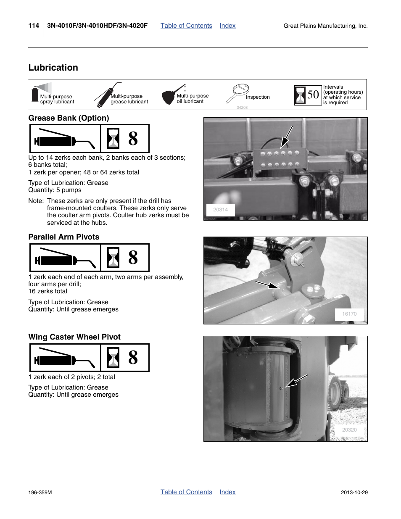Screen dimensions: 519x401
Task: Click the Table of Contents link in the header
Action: [x=186, y=26]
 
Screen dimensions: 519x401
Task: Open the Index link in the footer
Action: [x=227, y=492]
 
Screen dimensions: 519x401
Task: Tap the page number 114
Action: [x=34, y=26]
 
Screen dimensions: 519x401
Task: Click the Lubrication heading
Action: [x=53, y=68]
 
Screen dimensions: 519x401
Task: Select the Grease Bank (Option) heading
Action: [x=69, y=118]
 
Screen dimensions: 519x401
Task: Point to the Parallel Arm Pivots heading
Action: [x=64, y=237]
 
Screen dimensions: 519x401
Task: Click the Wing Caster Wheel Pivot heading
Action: [x=74, y=337]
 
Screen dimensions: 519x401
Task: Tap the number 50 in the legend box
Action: [x=313, y=95]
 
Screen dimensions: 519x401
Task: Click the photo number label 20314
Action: [x=220, y=210]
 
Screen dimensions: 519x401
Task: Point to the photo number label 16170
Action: [x=349, y=314]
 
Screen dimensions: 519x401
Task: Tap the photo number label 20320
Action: [x=349, y=430]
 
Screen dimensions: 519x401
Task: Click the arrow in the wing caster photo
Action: [x=296, y=381]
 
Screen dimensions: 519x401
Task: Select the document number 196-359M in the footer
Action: [x=40, y=493]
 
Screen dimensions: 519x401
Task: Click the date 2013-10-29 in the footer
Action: [x=354, y=493]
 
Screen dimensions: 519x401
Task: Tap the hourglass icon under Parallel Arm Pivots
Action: [x=113, y=258]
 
